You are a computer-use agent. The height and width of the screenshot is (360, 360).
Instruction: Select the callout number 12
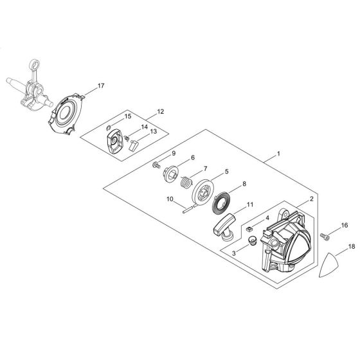click(x=160, y=112)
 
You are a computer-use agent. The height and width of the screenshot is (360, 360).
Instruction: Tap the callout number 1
click(x=277, y=155)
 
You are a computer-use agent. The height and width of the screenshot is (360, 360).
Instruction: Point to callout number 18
click(x=352, y=246)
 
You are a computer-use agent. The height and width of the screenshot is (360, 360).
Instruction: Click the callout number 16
click(x=344, y=226)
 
